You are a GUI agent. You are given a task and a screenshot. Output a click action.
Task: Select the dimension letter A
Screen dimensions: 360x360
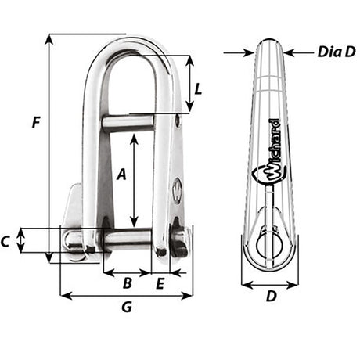coord(121,176)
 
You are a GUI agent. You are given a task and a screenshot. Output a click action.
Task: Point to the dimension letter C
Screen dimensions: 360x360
coord(6,242)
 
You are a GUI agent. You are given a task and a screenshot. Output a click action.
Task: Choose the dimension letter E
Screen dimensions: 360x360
coord(160,284)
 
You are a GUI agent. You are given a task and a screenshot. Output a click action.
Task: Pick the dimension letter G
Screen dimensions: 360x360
coord(126,308)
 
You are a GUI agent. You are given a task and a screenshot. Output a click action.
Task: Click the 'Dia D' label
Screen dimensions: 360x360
coord(337,52)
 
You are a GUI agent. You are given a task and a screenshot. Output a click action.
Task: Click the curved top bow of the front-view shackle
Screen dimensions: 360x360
coord(128,43)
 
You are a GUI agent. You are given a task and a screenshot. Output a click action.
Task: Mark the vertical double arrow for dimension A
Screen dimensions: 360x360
coord(135,180)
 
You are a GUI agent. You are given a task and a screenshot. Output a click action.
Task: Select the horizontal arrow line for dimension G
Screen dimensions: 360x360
coord(126,296)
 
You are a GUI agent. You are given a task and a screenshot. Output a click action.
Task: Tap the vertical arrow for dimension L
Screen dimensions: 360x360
coord(189,84)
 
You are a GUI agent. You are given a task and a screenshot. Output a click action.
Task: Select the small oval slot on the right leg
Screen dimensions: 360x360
coord(177,189)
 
